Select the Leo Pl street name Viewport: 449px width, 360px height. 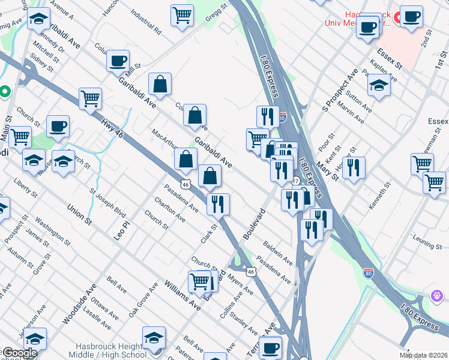(x=122, y=230)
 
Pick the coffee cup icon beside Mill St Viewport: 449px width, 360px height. (x=118, y=61)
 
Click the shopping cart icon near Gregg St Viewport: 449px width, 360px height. (x=182, y=14)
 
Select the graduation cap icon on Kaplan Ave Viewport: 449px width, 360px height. (x=379, y=85)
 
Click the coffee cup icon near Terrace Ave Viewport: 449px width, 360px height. (x=271, y=347)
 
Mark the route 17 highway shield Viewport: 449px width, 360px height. (x=295, y=181)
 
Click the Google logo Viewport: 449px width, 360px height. (x=20, y=353)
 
